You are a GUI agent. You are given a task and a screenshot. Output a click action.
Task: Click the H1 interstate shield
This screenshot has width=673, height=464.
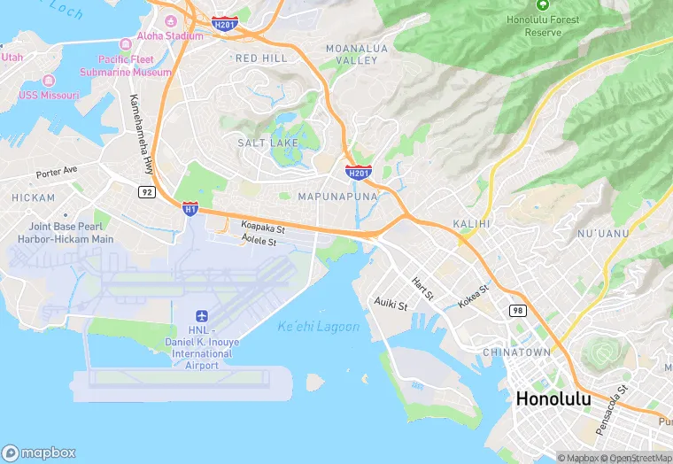pos(190,208)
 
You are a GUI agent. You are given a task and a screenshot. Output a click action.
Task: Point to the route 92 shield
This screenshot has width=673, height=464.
pos(147,190)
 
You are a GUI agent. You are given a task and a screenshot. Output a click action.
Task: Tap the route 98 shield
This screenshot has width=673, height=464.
pos(517,310)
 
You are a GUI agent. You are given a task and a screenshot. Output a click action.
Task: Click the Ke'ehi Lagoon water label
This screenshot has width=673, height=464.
pos(319,327)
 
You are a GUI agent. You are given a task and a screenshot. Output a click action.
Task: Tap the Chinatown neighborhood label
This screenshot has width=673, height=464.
pos(516,352)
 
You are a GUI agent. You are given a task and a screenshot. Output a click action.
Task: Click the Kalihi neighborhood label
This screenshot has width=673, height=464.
pos(471,224)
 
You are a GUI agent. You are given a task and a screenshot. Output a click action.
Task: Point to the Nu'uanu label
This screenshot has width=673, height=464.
pos(602,234)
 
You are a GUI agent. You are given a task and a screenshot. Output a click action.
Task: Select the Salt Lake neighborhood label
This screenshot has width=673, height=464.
pos(264,143)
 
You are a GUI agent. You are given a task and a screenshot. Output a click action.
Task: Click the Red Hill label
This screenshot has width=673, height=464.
pos(261,58)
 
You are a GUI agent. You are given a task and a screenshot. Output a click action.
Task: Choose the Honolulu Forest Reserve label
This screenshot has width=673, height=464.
pos(544,26)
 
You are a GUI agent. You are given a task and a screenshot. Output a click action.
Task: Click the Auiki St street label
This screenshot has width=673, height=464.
pos(390,305)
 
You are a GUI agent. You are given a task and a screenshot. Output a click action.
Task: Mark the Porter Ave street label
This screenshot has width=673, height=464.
pos(57,170)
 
